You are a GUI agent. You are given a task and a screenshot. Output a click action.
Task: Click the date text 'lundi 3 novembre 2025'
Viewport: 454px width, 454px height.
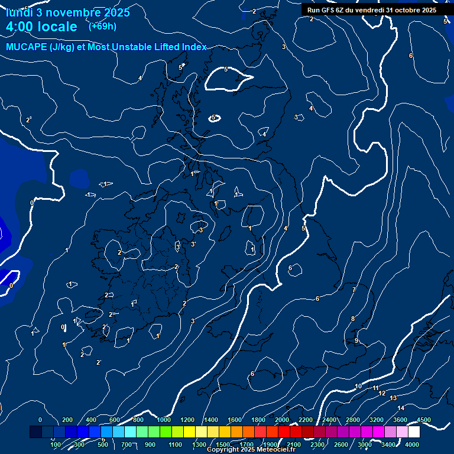68,12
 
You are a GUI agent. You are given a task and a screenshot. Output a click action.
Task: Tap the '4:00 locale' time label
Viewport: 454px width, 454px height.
41,27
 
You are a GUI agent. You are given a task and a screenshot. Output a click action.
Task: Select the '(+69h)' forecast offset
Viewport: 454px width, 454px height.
102,26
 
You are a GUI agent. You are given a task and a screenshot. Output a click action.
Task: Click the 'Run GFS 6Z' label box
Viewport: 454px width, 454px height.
372,10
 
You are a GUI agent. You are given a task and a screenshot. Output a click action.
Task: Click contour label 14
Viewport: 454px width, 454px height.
401,408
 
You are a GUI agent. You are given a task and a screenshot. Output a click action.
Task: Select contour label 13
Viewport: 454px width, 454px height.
393,398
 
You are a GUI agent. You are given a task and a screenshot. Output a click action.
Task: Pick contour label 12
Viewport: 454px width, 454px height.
382,393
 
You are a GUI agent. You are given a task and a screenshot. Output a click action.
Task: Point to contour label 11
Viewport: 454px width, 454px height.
376,388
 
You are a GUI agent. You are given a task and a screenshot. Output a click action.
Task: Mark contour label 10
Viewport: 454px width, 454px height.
358,386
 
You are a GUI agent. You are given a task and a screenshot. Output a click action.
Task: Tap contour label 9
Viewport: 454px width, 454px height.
356,340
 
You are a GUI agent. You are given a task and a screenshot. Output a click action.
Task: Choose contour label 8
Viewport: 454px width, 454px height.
353,319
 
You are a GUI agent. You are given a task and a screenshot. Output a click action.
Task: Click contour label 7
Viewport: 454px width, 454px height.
354,290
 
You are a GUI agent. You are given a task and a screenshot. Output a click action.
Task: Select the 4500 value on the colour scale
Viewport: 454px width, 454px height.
424,420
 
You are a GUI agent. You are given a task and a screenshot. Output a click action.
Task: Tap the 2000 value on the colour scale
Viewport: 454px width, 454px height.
282,420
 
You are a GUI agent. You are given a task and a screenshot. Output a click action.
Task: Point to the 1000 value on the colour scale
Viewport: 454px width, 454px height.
164,420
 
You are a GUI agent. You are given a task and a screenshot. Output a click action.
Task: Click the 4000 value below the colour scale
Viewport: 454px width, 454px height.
412,445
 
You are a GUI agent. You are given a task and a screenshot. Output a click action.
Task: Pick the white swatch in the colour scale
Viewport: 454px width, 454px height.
414,432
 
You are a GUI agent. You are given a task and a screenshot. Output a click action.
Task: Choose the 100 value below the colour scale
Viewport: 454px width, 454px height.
56,445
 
